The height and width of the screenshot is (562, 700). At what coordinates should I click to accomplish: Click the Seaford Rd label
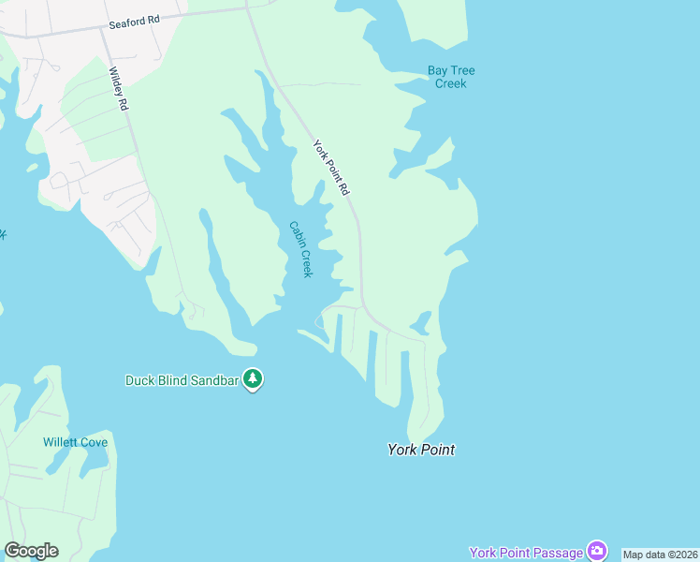135,19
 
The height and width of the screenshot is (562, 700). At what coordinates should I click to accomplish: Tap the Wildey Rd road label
118,89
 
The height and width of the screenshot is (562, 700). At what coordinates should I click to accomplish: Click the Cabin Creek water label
299,249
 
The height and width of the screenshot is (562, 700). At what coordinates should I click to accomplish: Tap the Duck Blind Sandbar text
182,380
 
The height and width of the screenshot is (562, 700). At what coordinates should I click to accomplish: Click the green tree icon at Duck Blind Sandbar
253,379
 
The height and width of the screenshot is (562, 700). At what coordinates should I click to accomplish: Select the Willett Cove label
76,442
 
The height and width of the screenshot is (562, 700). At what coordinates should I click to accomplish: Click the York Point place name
421,450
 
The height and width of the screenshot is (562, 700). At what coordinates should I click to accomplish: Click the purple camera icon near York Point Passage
596,551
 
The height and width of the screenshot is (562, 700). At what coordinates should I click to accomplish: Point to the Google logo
31,551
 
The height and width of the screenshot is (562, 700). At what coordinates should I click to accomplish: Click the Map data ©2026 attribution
661,555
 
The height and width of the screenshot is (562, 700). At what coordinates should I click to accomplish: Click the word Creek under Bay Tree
451,83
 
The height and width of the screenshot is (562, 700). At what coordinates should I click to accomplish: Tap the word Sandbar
213,380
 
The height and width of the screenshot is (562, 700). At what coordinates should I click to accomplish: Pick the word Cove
93,442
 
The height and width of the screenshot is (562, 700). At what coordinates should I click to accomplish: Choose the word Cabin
295,234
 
